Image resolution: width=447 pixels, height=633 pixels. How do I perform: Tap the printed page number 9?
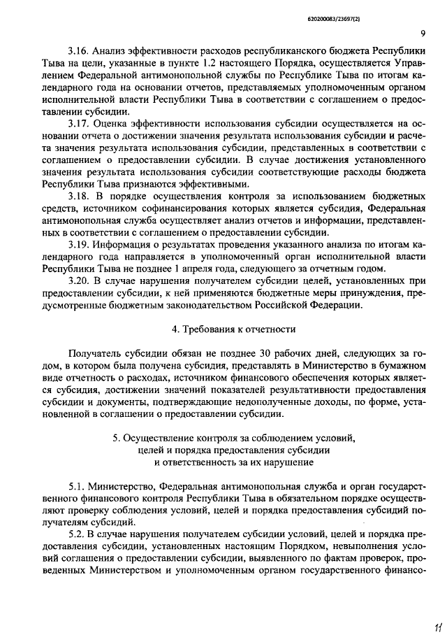(x=424, y=33)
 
